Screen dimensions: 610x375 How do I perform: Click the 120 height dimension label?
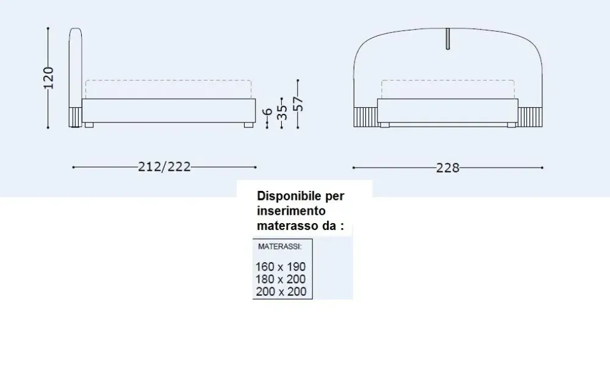point(48,78)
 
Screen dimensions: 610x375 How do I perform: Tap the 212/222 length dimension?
point(165,167)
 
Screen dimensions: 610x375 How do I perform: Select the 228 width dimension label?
point(448,168)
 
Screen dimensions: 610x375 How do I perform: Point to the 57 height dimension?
point(298,104)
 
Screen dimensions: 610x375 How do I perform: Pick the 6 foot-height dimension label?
point(267,112)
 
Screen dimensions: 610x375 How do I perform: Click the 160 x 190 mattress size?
point(281,267)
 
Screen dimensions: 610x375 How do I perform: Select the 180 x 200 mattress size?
point(281,279)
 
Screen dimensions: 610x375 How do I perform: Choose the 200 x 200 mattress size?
point(281,291)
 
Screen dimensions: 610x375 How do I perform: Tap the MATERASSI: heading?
point(280,246)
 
